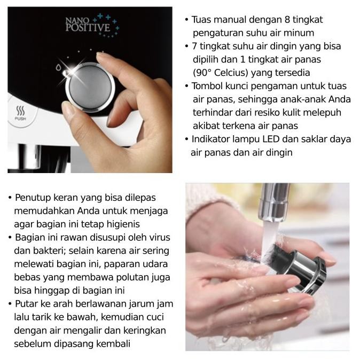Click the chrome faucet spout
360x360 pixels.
point(273,202)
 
